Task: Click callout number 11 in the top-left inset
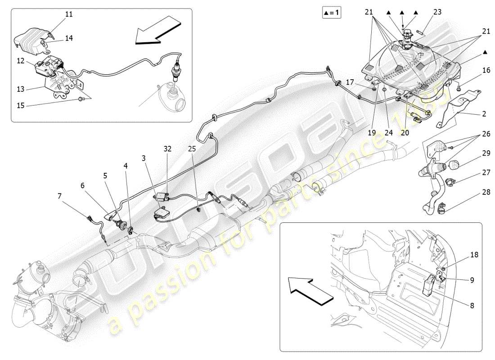pos(68,14)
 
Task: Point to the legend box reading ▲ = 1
pos(332,13)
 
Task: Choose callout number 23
pos(437,13)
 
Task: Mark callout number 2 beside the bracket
pos(484,114)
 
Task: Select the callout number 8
pos(472,305)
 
